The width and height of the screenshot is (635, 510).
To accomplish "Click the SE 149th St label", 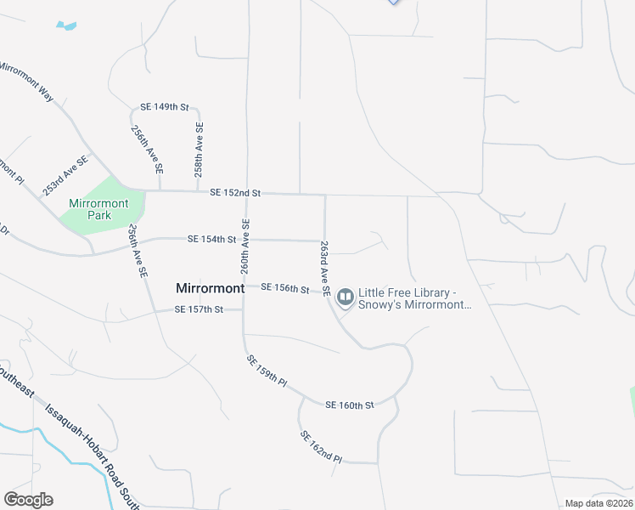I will tap(164, 106).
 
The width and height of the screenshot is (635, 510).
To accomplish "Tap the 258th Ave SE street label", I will tap(199, 149).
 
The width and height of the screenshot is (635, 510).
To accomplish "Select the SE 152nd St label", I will tap(234, 193).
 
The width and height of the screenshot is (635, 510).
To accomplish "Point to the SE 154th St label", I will tap(211, 240).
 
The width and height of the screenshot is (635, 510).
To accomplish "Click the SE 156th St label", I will tap(284, 288).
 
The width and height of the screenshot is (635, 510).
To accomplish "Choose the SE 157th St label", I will tap(198, 309).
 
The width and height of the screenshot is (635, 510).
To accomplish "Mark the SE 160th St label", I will tap(349, 405).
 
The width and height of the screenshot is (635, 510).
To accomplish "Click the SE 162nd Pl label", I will tap(321, 446).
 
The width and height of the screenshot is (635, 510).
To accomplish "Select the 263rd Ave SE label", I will tap(324, 262).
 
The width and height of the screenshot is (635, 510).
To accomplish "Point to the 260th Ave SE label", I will tap(244, 246).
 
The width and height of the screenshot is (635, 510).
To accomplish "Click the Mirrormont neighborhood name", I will tap(210, 288).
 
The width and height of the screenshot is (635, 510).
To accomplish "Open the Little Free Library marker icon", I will tap(345, 297).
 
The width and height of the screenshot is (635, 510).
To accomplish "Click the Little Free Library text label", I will tap(414, 298).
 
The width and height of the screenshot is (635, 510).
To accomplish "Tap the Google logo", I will tap(28, 499).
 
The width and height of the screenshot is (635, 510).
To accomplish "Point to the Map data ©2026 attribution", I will tap(599, 503).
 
